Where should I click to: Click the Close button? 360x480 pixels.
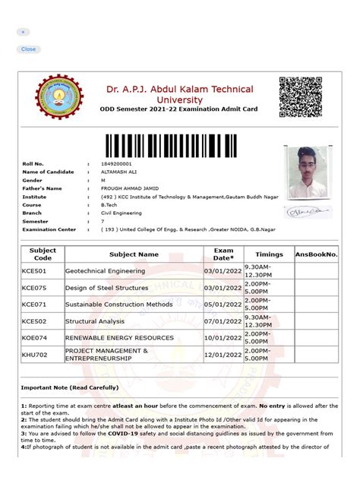(28, 49)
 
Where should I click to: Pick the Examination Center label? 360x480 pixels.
(49, 229)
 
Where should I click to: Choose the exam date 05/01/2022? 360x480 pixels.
(223, 305)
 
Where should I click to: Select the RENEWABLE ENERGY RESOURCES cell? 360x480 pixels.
(119, 338)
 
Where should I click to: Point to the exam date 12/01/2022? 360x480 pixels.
(223, 355)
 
